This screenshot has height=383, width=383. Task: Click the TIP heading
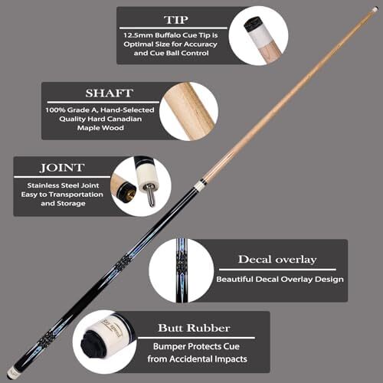pyautogui.click(x=176, y=20)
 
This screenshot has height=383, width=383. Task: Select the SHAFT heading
pyautogui.click(x=110, y=93)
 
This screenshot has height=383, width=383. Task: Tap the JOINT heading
pyautogui.click(x=62, y=168)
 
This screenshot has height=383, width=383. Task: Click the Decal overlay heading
pyautogui.click(x=277, y=260)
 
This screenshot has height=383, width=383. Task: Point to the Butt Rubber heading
pyautogui.click(x=194, y=328)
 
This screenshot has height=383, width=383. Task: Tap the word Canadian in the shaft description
pyautogui.click(x=124, y=119)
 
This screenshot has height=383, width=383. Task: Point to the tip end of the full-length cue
pyautogui.click(x=375, y=10)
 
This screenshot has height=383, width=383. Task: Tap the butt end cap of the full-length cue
pyautogui.click(x=11, y=374)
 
